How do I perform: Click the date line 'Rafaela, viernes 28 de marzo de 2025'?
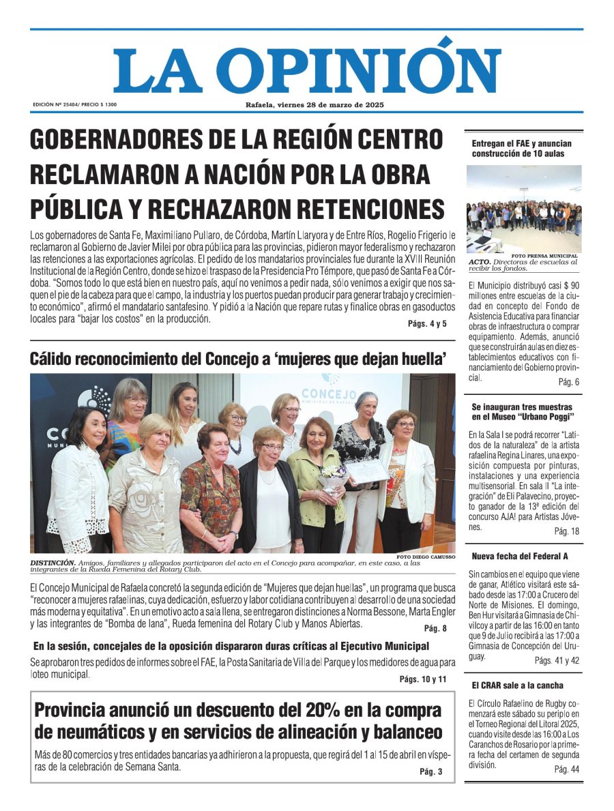coord(315,105)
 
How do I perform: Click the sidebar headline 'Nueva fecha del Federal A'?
coord(520,556)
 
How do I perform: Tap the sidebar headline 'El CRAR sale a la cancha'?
coord(518,685)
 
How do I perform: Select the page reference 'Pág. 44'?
coord(566,769)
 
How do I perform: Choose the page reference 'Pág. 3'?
coord(430,771)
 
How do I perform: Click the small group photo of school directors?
coord(524,209)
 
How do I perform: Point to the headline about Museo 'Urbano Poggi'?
coord(523,411)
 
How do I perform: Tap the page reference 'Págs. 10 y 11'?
coord(423,679)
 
